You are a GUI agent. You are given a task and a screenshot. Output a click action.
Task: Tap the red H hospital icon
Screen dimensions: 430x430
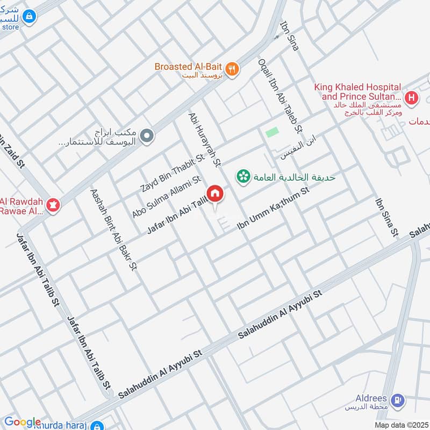[x=411, y=98]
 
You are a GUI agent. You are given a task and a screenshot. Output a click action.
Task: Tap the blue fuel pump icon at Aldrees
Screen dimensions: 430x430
[x=397, y=399]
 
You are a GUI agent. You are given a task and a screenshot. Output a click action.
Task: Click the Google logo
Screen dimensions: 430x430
[x=23, y=422]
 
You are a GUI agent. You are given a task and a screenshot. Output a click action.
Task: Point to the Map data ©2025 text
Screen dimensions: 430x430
[x=402, y=425]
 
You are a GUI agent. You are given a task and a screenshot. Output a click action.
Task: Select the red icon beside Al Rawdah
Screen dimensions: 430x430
[x=53, y=204]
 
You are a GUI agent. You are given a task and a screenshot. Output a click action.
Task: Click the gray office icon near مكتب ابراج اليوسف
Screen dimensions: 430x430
[x=146, y=137]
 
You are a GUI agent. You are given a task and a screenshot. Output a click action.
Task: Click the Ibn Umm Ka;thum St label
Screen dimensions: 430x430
[x=274, y=210]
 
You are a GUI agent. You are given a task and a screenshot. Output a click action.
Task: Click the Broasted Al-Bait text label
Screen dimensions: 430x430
[x=188, y=67]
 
